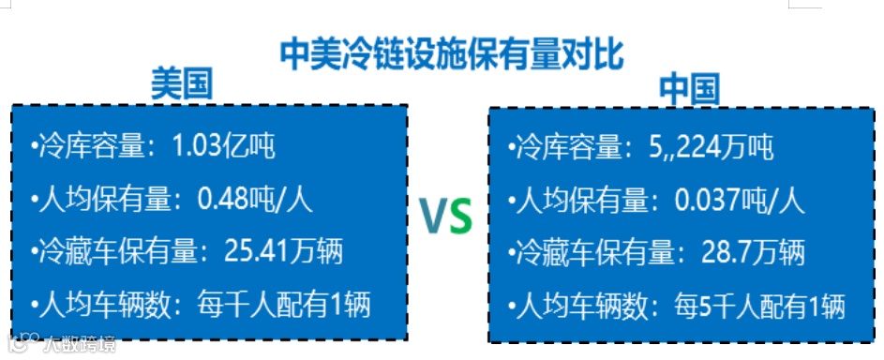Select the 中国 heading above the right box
click(x=689, y=90)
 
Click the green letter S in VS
click(x=458, y=216)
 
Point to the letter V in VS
click(x=433, y=216)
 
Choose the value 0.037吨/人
click(x=739, y=200)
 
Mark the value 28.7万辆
click(x=753, y=252)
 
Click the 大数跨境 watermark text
click(x=80, y=344)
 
